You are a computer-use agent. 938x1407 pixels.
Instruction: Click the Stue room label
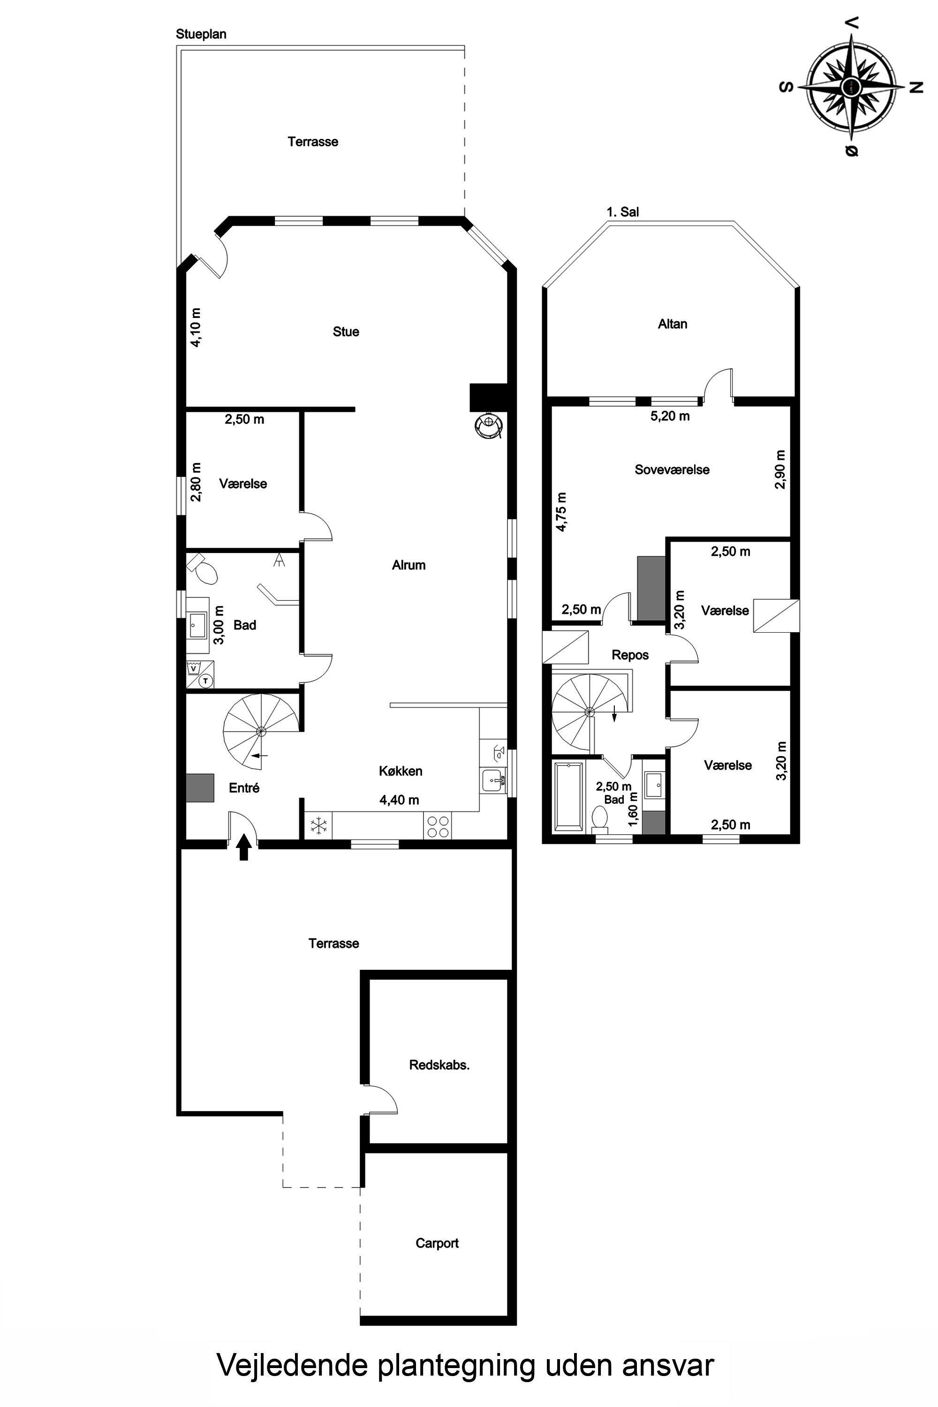pos(346,332)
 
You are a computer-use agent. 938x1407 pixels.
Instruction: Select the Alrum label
pos(408,565)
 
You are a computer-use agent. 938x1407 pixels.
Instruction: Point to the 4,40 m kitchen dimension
pos(399,800)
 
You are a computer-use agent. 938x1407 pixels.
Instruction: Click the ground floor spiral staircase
pos(261,731)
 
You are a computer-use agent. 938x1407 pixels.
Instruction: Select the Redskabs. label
pos(439,1065)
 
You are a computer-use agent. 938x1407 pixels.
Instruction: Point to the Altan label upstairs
pos(673,324)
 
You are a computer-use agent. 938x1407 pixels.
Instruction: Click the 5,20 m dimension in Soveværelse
pos(670,416)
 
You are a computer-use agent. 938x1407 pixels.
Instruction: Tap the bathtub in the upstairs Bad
pos(568,797)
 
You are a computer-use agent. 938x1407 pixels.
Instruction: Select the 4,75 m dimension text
pos(561,512)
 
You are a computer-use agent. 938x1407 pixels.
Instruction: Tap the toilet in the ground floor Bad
pos(204,569)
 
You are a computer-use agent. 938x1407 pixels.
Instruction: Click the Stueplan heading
pos(201,34)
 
